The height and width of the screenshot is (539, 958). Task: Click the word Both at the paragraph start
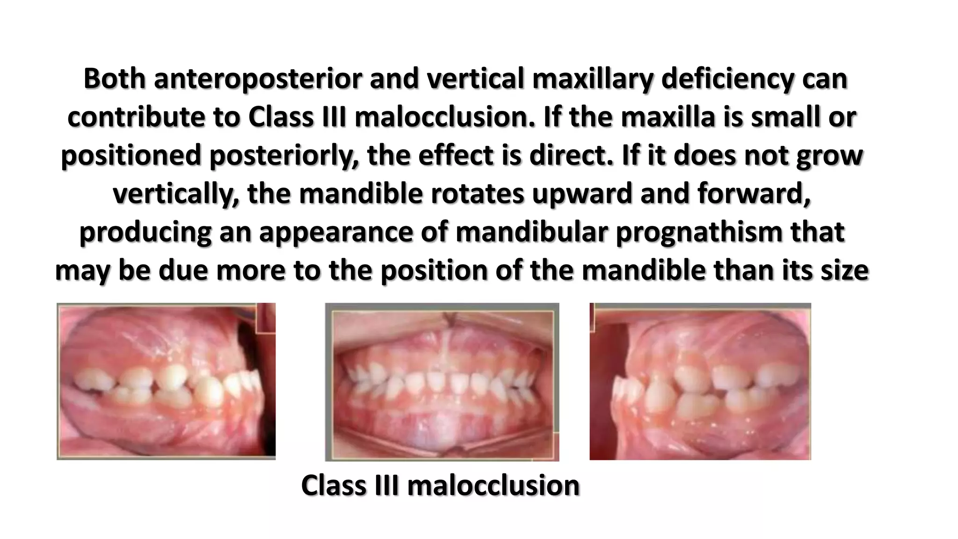pos(115,79)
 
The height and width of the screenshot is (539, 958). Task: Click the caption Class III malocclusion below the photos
pos(440,485)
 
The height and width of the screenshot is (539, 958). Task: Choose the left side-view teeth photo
pos(166,381)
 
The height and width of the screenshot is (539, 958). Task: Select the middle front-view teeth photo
pos(442,382)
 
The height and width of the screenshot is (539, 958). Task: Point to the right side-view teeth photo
pos(700,381)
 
